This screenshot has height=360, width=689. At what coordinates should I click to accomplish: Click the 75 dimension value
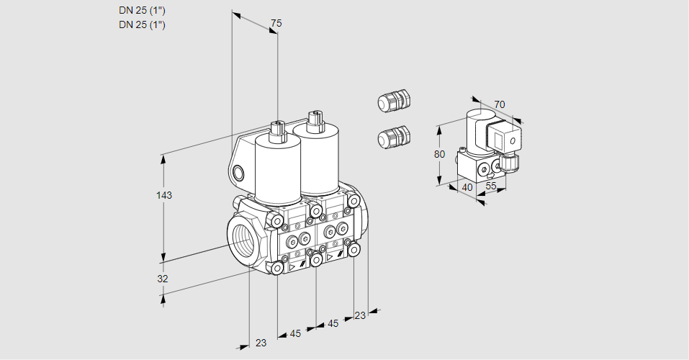(x=276, y=24)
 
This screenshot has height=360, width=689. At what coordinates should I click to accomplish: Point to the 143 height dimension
(x=165, y=195)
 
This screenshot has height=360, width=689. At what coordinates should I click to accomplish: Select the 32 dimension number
(x=163, y=279)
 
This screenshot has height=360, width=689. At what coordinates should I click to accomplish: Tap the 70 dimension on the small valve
(x=500, y=105)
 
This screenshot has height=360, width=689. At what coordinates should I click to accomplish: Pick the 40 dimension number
(x=467, y=187)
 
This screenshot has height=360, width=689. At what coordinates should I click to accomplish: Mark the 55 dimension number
(x=492, y=186)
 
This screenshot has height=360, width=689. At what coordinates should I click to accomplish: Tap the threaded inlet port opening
(x=241, y=237)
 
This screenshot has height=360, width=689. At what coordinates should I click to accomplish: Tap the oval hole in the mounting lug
(x=239, y=172)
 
